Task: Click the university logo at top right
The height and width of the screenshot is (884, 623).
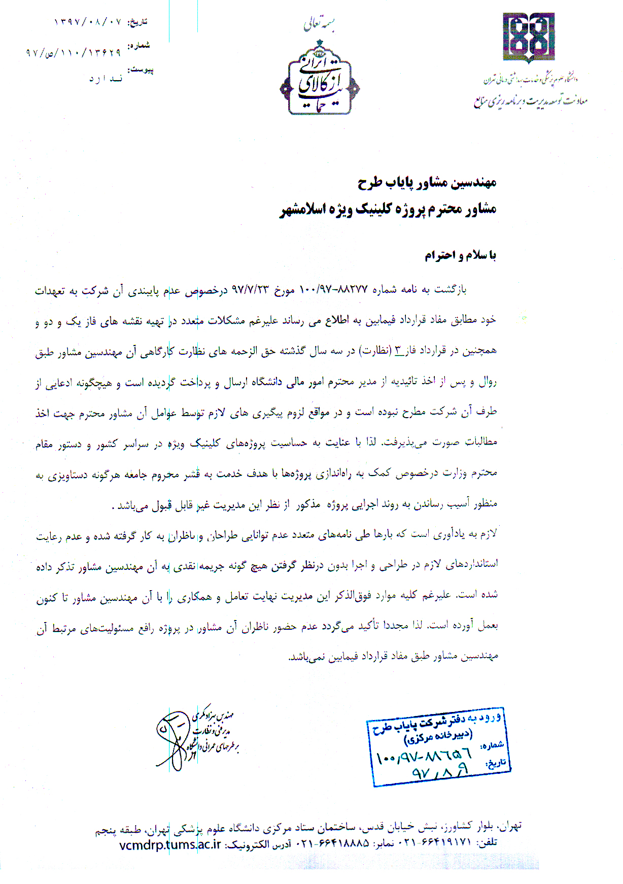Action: (x=528, y=38)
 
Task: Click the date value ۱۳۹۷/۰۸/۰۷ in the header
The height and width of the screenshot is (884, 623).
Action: (x=87, y=22)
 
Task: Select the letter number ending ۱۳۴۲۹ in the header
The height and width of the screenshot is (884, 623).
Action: (x=73, y=52)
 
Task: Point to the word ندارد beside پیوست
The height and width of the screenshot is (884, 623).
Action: (x=106, y=79)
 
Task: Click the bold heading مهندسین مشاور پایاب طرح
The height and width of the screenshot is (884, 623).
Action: (x=427, y=183)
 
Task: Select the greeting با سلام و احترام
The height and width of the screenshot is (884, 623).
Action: (x=460, y=255)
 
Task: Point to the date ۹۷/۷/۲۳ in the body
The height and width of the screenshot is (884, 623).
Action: (x=250, y=290)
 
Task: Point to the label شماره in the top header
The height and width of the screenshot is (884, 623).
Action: (x=139, y=45)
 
